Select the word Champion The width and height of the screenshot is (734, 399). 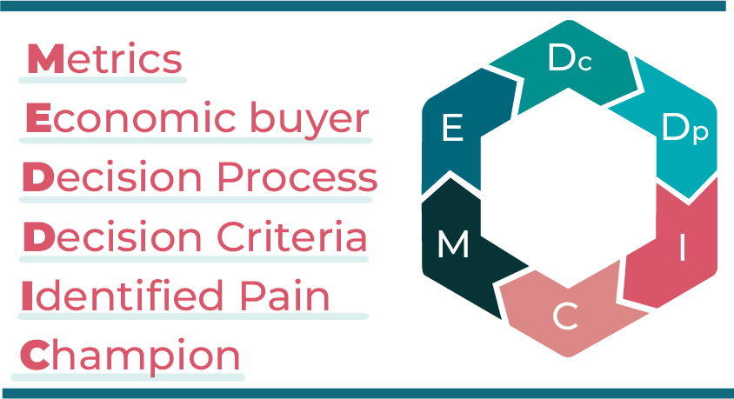tap(130, 356)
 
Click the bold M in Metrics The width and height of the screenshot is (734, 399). tap(43, 59)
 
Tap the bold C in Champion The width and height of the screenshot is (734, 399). tap(35, 356)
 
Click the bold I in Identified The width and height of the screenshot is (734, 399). tap(27, 296)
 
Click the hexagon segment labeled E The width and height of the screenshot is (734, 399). tap(452, 130)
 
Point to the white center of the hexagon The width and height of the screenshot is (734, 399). tap(569, 190)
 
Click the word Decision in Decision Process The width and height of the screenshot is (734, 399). tap(113, 178)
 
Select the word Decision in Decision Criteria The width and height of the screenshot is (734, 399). tap(113, 237)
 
